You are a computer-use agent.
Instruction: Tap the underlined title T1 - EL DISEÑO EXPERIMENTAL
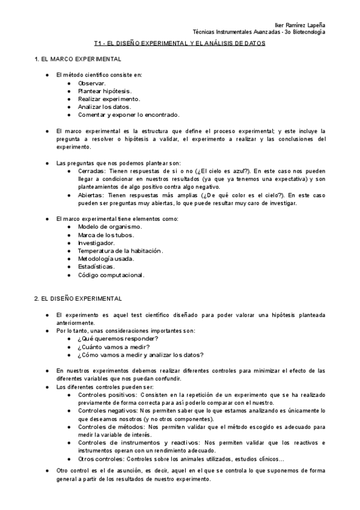pos(180,44)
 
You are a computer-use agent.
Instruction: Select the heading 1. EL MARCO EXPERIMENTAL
pos(78,59)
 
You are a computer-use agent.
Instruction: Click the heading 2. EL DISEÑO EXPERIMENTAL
pos(78,299)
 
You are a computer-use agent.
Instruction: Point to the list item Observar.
pos(91,83)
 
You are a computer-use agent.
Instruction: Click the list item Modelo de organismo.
pos(109,227)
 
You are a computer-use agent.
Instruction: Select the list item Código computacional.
pos(111,275)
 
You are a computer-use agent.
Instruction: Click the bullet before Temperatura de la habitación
pos(71,251)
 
